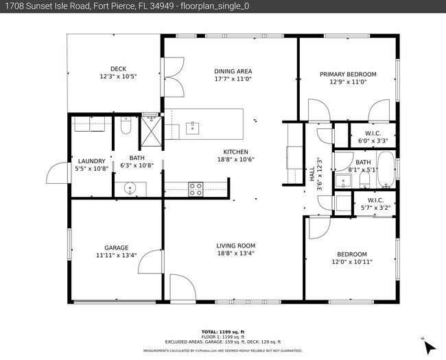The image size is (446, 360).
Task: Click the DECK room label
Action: point(118,68)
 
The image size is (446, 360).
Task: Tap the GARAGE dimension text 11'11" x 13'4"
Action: point(116,256)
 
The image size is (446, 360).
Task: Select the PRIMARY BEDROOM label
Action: point(348,74)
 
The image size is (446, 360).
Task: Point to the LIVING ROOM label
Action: point(235,245)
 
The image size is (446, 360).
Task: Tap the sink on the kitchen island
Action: point(193,126)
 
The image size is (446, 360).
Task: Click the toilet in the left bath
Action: point(126,125)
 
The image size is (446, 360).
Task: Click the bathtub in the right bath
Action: point(386,169)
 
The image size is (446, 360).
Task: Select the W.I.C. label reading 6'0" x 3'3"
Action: point(373,136)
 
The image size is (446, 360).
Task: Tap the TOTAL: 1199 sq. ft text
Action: point(222,331)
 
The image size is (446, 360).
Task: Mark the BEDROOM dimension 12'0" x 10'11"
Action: point(351,261)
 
